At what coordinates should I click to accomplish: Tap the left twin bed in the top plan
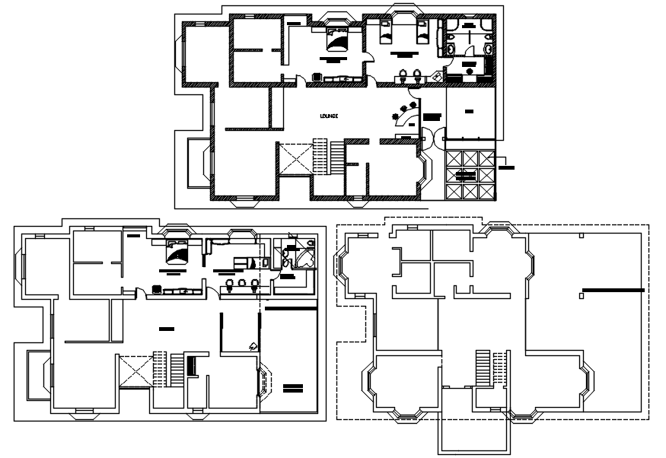click(384, 32)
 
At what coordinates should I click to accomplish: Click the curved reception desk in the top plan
click(409, 114)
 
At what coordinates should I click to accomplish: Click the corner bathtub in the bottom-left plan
click(307, 257)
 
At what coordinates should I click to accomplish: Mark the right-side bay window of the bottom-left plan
click(266, 380)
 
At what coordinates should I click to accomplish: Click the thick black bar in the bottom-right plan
click(613, 290)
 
